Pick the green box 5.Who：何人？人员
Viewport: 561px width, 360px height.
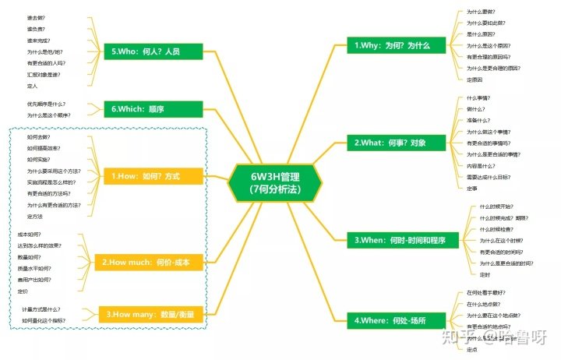tap(153, 51)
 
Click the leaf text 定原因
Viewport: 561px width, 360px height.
tap(475, 79)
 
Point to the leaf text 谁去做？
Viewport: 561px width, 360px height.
tap(35, 17)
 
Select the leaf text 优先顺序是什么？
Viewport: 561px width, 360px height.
tap(47, 104)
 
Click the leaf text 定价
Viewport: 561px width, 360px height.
tap(23, 291)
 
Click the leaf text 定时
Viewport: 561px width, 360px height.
tap(485, 274)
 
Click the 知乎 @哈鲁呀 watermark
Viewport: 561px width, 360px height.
tap(496, 337)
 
